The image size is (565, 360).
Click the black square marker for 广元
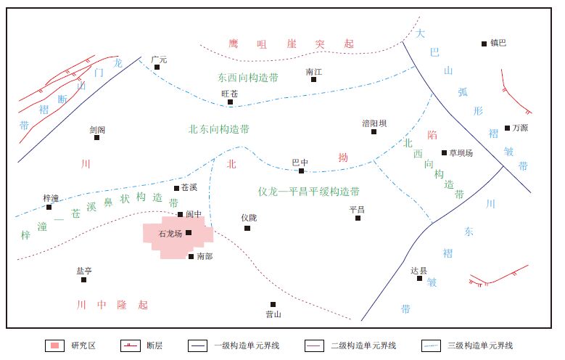157,67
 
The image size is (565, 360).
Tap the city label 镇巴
498,44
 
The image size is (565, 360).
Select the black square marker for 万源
508,128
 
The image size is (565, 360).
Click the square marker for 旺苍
231,102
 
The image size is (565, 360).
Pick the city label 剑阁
97,129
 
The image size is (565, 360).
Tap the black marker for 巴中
301,171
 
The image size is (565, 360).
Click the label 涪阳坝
374,123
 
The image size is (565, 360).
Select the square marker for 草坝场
445,152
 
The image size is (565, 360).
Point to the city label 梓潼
50,197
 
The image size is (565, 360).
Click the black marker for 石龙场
189,232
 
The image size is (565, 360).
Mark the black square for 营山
273,304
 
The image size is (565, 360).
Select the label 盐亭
84,270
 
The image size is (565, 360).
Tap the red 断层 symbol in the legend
131,345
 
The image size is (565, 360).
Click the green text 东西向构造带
247,76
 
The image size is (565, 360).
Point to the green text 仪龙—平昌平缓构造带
309,192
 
